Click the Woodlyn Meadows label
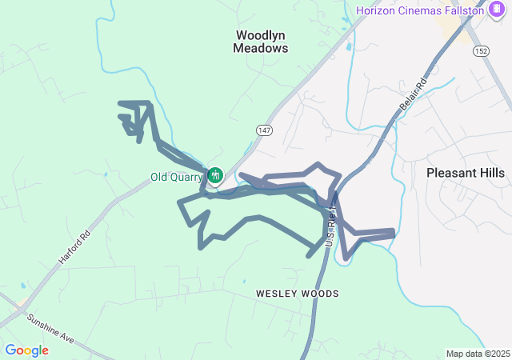click(x=260, y=42)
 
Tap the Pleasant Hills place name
click(x=466, y=173)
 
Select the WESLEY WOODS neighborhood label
click(x=297, y=294)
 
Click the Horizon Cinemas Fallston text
click(x=420, y=10)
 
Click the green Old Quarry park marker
click(x=214, y=174)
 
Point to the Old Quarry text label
click(x=176, y=177)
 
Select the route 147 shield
click(x=265, y=130)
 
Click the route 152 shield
click(x=481, y=50)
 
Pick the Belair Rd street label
click(x=411, y=94)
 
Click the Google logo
click(x=26, y=350)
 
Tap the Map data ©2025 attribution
click(x=477, y=354)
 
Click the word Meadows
click(x=260, y=48)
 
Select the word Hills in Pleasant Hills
click(x=489, y=173)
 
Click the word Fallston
click(x=462, y=10)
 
